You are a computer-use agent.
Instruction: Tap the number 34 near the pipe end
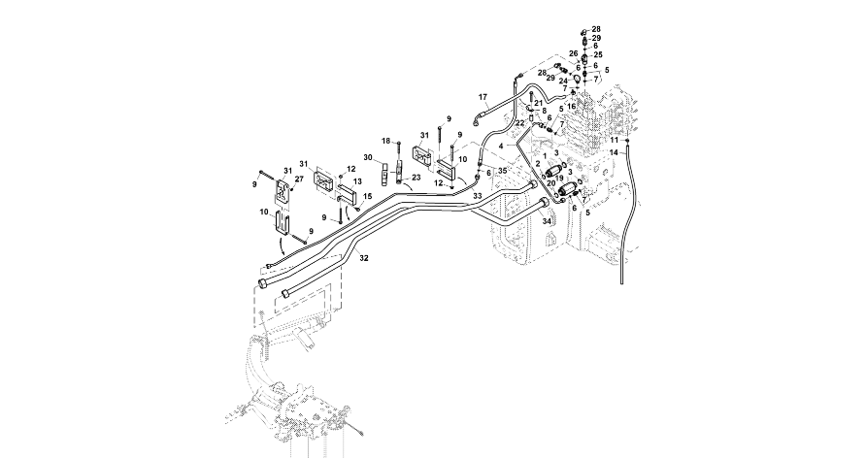[547, 221]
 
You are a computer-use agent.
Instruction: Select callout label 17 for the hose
[483, 97]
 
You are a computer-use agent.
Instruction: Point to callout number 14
[614, 152]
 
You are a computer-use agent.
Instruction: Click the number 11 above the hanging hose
[614, 141]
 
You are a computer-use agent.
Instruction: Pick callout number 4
[502, 146]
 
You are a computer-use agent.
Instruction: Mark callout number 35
[502, 171]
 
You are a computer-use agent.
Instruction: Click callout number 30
[368, 157]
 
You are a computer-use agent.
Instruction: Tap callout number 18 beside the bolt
[385, 141]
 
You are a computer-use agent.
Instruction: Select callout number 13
[358, 181]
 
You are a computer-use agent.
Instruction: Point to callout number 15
[368, 196]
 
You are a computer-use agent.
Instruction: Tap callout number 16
[573, 106]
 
